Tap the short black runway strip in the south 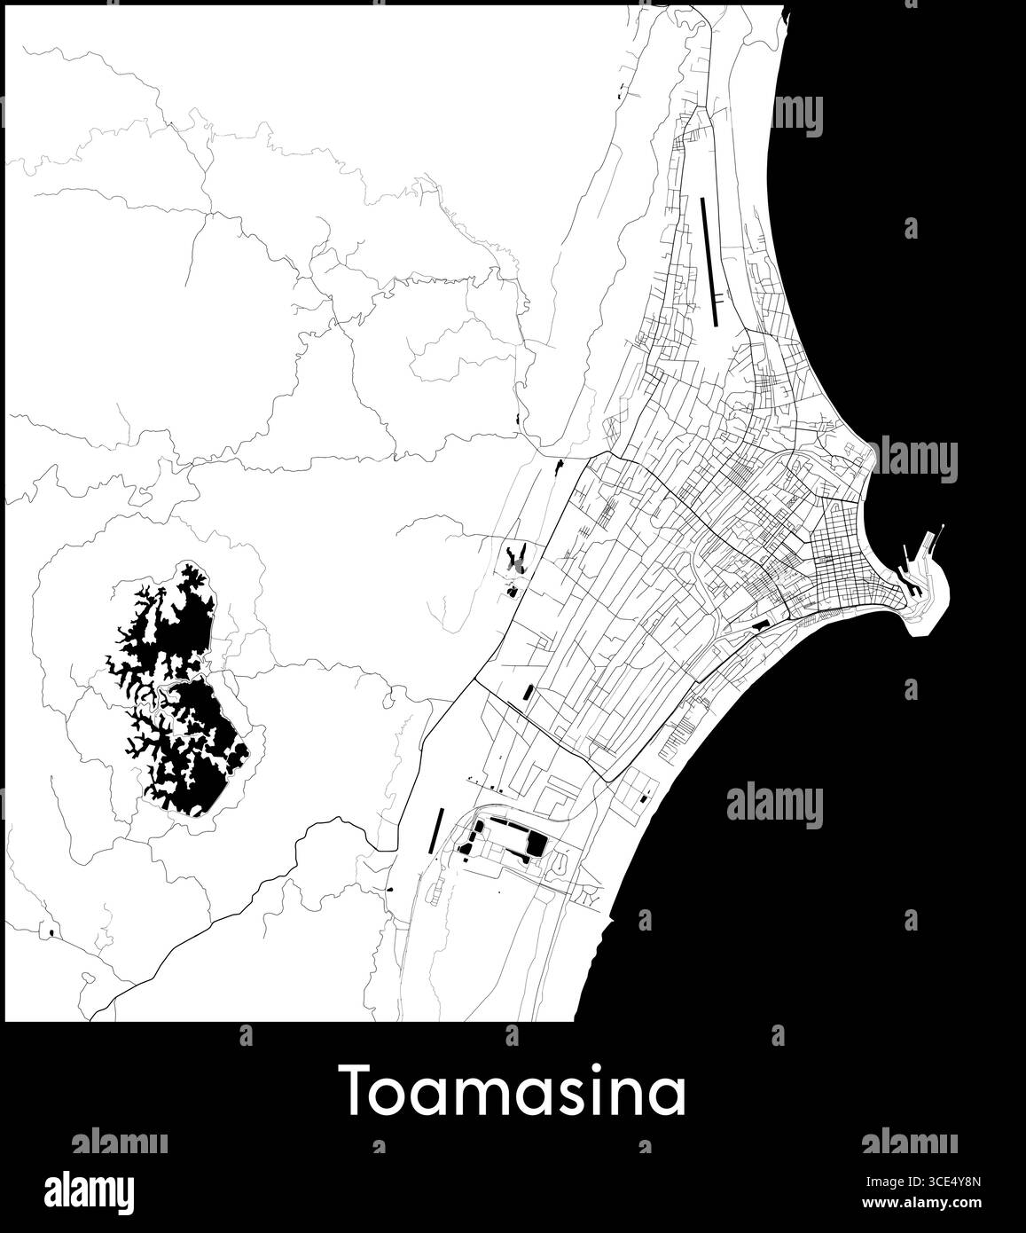tap(438, 829)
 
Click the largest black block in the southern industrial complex tap(536, 844)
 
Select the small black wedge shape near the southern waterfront tap(758, 624)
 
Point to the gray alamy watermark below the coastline tap(774, 805)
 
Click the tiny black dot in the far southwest tap(52, 932)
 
